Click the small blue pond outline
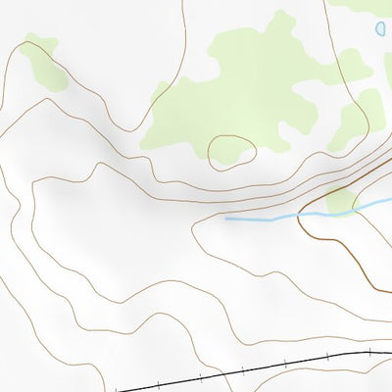coord(381,29)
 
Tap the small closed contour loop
coord(231,150)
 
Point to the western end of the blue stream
coord(226,219)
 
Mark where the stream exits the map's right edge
coord(391,200)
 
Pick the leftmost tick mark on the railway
coord(157,386)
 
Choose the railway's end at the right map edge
coord(391,350)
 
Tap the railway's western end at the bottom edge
coord(116,391)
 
